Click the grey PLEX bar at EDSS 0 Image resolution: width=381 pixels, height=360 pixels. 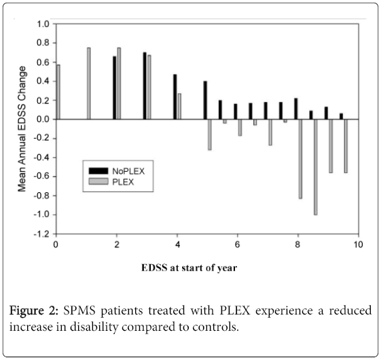click(x=58, y=92)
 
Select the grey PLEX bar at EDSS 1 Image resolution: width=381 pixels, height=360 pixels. click(x=89, y=84)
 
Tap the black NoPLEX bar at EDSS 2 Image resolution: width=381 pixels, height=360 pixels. click(x=115, y=88)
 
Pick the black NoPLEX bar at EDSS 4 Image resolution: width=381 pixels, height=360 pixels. click(x=175, y=96)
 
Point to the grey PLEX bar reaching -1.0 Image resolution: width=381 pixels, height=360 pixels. click(x=316, y=167)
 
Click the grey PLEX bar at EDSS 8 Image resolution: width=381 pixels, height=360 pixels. click(x=301, y=159)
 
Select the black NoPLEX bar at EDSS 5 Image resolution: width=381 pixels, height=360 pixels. click(x=205, y=100)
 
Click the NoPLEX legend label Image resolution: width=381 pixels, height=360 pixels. click(x=128, y=171)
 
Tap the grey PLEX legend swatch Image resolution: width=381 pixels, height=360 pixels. click(x=98, y=181)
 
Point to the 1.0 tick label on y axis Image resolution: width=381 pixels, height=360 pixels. click(x=43, y=24)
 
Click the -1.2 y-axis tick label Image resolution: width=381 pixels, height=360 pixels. click(x=41, y=234)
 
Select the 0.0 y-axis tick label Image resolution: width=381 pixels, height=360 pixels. click(x=43, y=120)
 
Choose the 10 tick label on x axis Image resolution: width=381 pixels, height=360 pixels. click(x=358, y=245)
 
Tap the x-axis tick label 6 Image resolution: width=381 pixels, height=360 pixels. click(x=237, y=245)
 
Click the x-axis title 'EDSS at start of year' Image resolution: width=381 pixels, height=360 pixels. click(x=189, y=268)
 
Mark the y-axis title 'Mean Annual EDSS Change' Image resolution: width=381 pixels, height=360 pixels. click(x=22, y=129)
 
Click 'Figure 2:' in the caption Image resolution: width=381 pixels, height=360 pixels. click(x=34, y=310)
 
